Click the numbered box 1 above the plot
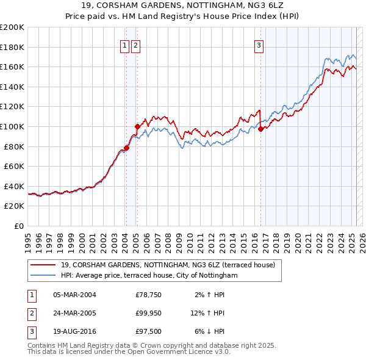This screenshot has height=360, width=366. pos(124,45)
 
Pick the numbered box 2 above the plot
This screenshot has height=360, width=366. pos(135,45)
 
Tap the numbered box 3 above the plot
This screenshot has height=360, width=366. pos(259,45)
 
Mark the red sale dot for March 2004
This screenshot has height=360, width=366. pos(126,147)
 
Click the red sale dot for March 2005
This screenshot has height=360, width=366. pos(137,126)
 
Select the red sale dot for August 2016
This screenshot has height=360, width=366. pos(260,129)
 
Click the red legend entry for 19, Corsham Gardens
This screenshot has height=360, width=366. pos(168,265)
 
